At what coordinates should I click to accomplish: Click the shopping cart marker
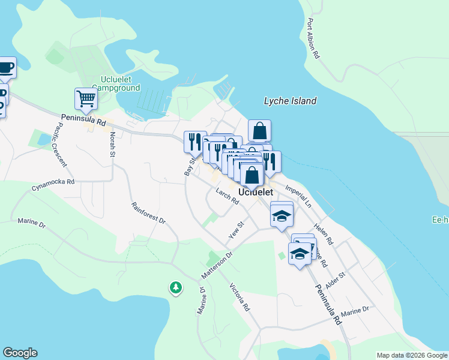pyautogui.click(x=86, y=99)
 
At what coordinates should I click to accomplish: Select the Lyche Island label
pyautogui.click(x=290, y=101)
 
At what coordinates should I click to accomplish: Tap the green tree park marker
pyautogui.click(x=175, y=288)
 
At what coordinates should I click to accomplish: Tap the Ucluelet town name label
pyautogui.click(x=256, y=192)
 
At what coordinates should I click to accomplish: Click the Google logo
pyautogui.click(x=20, y=353)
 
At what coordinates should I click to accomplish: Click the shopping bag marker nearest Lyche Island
pyautogui.click(x=259, y=130)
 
